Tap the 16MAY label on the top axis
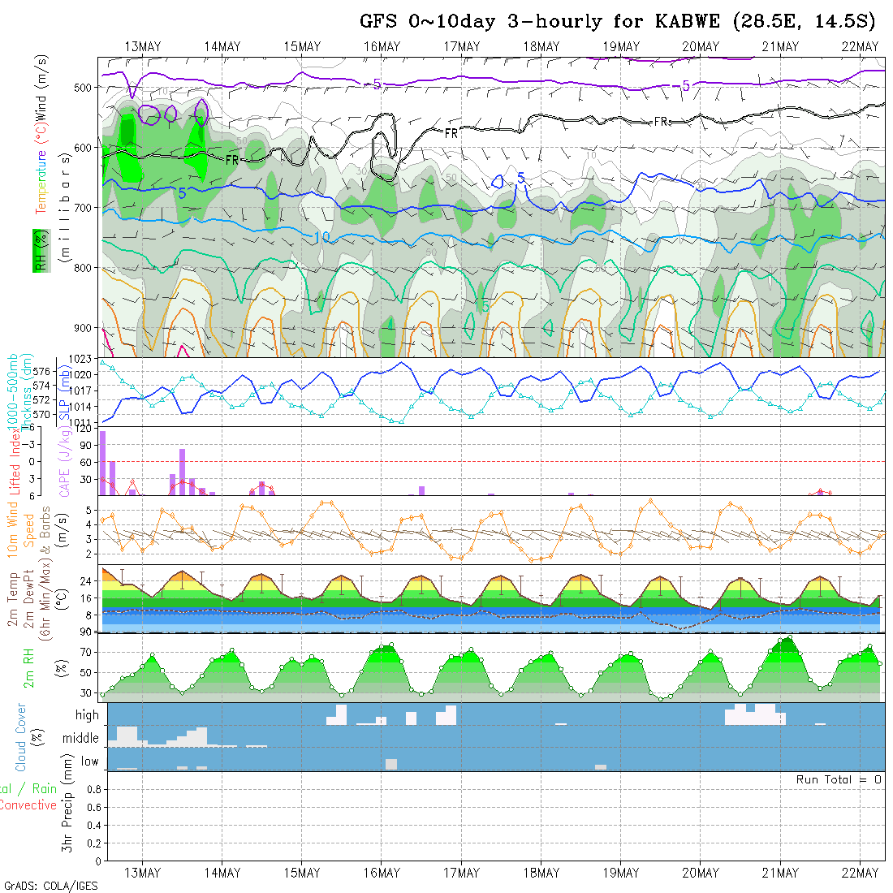pyautogui.click(x=382, y=47)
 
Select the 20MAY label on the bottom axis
pyautogui.click(x=700, y=873)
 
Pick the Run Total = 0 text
pyautogui.click(x=839, y=779)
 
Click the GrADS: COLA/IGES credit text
pyautogui.click(x=50, y=886)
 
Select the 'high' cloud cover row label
pyautogui.click(x=87, y=715)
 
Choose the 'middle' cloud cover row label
pyautogui.click(x=81, y=739)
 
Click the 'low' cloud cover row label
pyautogui.click(x=89, y=761)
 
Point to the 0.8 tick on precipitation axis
pyautogui.click(x=92, y=789)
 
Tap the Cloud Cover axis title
pyautogui.click(x=21, y=737)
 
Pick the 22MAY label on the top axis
pyautogui.click(x=861, y=47)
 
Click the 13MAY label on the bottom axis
pyautogui.click(x=142, y=873)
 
